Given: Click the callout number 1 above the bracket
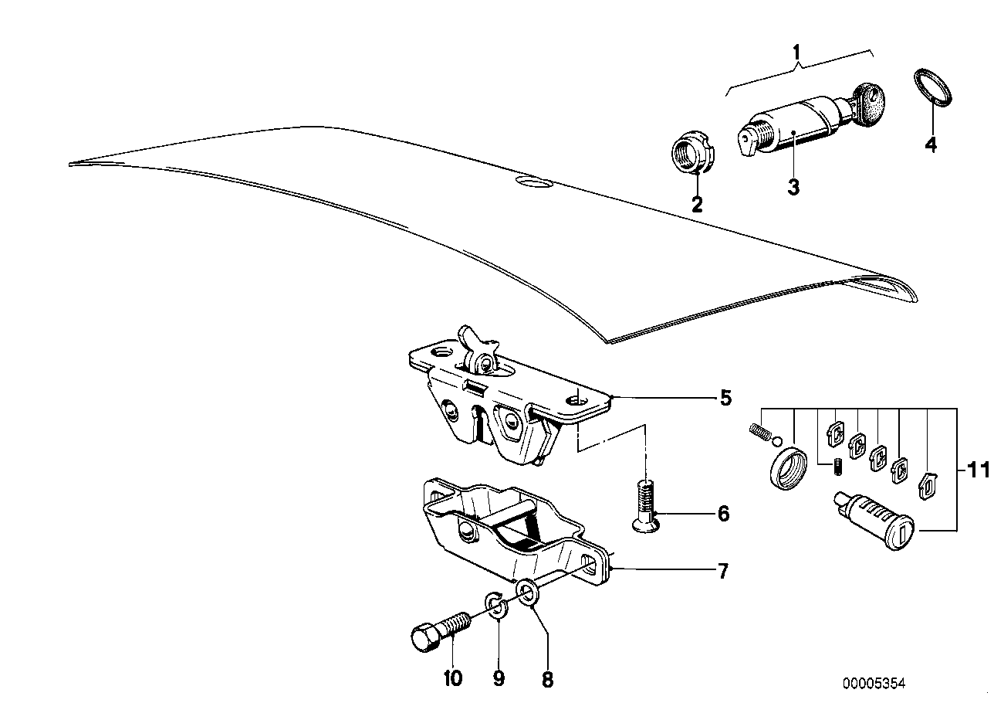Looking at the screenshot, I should click(798, 54).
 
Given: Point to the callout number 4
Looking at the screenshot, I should click(931, 144).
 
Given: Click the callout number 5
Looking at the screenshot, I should click(724, 399).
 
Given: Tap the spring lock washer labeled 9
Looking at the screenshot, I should click(497, 606).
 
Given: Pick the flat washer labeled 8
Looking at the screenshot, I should click(527, 593).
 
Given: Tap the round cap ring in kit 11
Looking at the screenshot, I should click(786, 467).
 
